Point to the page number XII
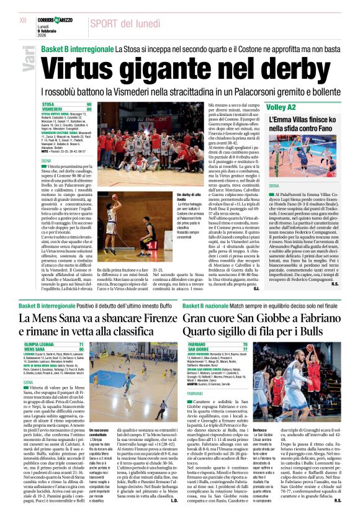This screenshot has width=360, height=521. tap(24, 20)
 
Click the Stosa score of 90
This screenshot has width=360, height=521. tap(89, 104)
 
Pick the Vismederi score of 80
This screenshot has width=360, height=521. tap(89, 109)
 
